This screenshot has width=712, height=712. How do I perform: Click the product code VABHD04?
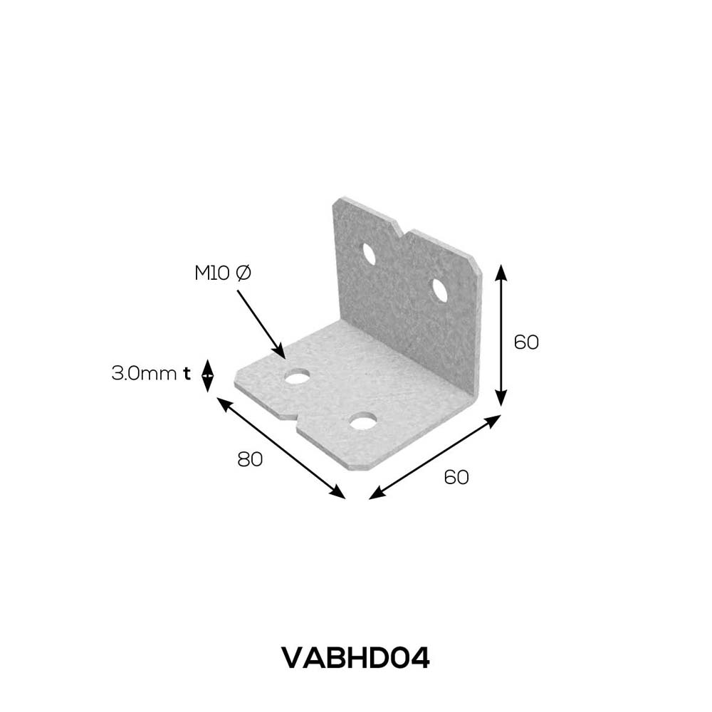tap(355, 658)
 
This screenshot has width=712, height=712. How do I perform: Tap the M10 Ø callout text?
tap(223, 273)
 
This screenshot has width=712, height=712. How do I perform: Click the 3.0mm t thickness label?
tap(151, 374)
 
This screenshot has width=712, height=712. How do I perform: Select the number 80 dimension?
tap(250, 459)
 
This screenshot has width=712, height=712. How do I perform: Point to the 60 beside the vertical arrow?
tap(526, 342)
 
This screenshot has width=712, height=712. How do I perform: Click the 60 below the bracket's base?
tap(456, 477)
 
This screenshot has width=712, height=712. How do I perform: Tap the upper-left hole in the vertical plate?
tap(369, 254)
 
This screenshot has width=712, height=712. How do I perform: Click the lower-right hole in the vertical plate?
tap(440, 290)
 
